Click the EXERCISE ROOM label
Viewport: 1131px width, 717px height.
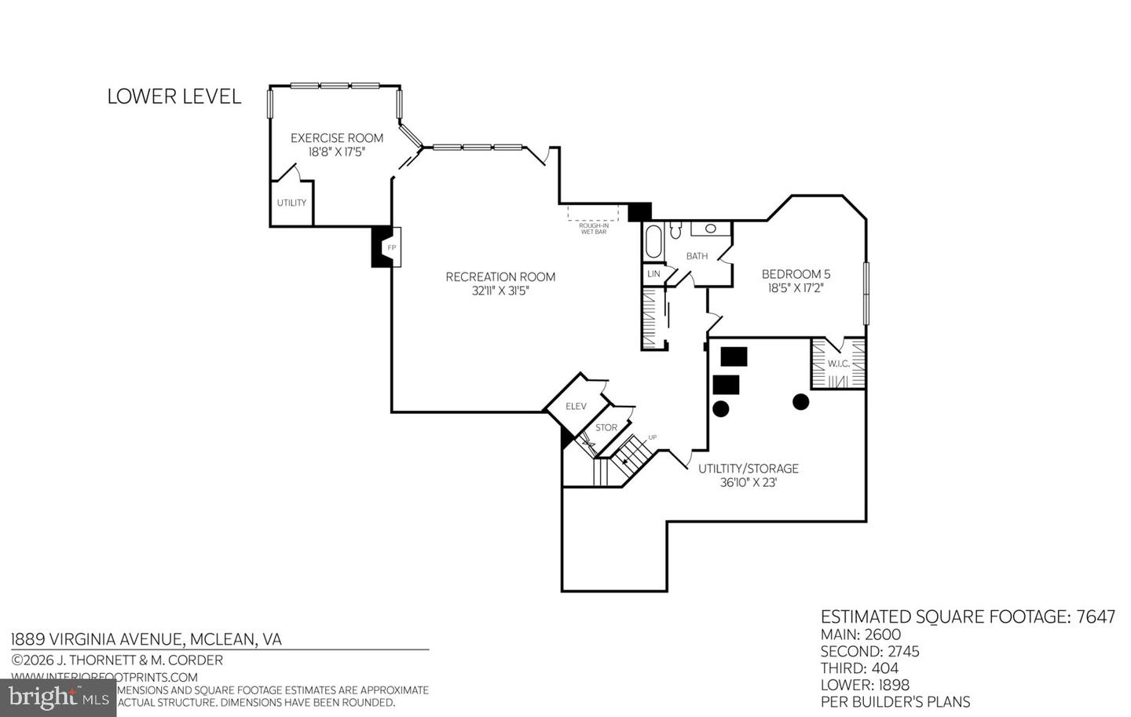coord(337,138)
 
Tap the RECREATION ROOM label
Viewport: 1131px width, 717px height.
coord(500,276)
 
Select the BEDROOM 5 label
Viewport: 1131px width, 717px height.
coord(796,274)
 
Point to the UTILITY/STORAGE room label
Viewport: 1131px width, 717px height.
coord(748,469)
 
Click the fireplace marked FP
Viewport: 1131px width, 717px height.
coord(391,247)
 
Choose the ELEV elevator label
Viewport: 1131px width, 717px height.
coord(576,406)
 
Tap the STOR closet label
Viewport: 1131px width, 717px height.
coord(606,428)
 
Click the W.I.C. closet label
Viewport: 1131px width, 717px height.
coord(838,364)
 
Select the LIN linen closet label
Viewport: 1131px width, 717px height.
coord(653,274)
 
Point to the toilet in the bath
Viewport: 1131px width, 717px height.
coord(675,231)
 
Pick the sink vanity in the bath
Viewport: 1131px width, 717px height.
coord(710,229)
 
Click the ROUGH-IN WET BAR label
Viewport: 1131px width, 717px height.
coord(593,229)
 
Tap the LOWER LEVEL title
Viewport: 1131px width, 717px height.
coord(174,97)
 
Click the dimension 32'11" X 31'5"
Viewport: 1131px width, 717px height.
coord(500,291)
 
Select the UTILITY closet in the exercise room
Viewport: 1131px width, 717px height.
coord(291,203)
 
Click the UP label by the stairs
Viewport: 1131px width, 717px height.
coord(652,437)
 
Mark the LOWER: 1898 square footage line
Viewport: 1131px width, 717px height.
coord(865,685)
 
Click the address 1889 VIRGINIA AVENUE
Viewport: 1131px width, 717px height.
coord(146,639)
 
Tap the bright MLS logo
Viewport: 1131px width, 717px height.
coord(58,697)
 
